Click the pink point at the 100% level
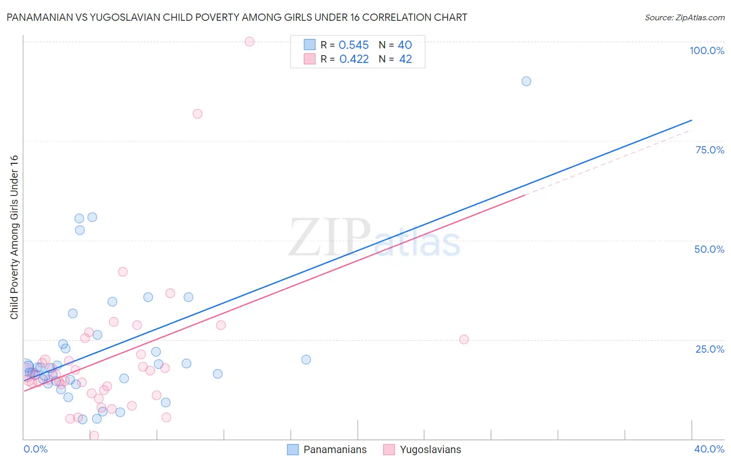(250, 42)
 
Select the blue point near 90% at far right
(526, 81)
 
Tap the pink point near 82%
(198, 114)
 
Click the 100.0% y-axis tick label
(707, 50)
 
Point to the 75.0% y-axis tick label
(710, 150)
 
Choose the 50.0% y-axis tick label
(709, 249)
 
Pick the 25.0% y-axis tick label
(710, 349)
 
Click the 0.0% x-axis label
(35, 449)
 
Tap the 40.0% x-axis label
(709, 449)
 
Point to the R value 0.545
(354, 45)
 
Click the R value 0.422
(354, 59)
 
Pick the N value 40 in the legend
(405, 45)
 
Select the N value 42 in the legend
(406, 59)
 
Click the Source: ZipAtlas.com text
(684, 18)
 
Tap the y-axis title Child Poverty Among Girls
(14, 237)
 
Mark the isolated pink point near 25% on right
(464, 340)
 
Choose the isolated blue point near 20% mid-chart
(306, 359)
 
